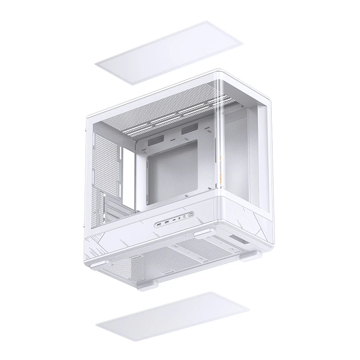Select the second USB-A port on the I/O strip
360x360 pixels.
(x=166, y=221)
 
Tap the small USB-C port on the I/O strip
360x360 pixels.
(x=174, y=220)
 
